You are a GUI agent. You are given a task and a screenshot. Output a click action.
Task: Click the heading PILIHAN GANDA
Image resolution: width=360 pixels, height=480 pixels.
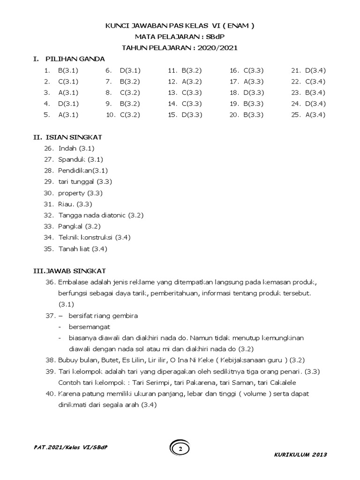point(75,59)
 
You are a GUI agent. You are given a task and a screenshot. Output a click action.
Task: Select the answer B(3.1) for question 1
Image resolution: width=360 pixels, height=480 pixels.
point(68,70)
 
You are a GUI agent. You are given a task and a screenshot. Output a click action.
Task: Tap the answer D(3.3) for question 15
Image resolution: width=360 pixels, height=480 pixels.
point(191,114)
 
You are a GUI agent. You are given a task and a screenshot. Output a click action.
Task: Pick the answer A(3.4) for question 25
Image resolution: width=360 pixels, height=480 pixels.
point(315,114)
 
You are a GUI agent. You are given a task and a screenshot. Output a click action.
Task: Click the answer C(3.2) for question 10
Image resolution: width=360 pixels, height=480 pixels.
point(130,114)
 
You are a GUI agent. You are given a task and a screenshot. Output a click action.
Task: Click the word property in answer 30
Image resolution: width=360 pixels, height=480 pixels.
point(72,193)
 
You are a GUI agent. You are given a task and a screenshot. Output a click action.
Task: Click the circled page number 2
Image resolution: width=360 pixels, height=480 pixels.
point(180,450)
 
